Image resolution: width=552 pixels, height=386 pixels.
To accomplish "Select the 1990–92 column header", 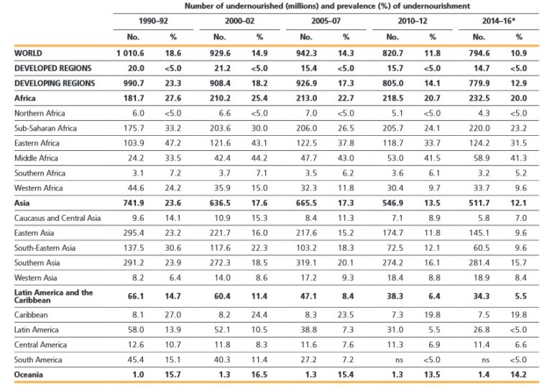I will [x=153, y=21].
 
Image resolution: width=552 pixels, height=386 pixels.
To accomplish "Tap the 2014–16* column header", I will [x=498, y=21].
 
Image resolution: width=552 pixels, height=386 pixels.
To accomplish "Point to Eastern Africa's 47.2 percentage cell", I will [x=172, y=143].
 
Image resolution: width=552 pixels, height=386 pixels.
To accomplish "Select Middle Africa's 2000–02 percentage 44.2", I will [x=259, y=158].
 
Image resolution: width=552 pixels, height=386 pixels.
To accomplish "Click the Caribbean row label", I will [x=30, y=314].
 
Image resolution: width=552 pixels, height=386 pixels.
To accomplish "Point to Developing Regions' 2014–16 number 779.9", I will [x=479, y=83].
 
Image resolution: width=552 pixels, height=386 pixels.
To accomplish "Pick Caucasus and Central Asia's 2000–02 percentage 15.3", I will [x=259, y=219].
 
